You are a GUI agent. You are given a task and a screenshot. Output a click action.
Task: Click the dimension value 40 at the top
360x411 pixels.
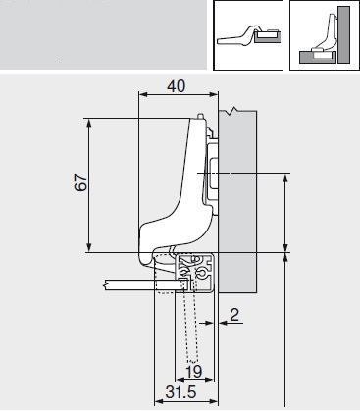tap(176, 86)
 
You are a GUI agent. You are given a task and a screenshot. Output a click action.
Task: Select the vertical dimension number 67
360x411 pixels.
tap(82, 182)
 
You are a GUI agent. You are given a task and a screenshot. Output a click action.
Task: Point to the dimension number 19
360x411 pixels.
tap(194, 371)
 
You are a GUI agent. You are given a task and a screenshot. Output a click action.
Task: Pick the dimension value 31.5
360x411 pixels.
tap(177, 392)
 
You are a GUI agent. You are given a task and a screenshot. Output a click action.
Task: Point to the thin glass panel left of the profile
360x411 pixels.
tap(128, 284)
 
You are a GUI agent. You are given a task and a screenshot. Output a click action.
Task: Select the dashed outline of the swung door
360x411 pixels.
tap(188, 334)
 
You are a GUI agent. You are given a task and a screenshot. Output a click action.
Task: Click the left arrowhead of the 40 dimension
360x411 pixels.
tap(143, 96)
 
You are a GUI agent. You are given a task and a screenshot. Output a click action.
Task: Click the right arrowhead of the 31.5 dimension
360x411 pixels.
tap(212, 400)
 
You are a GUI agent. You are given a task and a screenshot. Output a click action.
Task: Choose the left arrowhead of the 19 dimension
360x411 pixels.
tap(180, 380)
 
